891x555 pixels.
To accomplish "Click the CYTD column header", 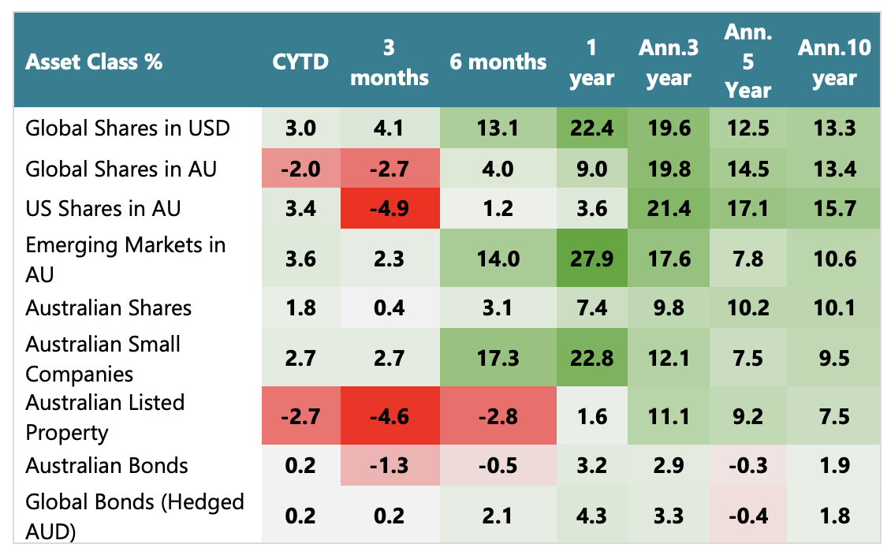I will [300, 61].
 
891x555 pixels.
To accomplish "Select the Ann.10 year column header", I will [834, 62].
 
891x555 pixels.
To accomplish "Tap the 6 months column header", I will [498, 61].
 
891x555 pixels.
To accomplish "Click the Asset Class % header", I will [94, 62].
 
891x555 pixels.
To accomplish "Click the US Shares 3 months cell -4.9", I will [389, 209].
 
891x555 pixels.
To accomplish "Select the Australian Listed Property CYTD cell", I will [300, 417].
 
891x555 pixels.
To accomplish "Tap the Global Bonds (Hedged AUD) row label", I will [135, 516].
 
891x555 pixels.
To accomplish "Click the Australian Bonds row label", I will [106, 465].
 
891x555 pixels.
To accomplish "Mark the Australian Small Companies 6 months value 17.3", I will [498, 359].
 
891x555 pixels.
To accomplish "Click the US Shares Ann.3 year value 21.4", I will [668, 209].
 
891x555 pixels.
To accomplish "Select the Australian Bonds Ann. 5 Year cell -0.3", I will [748, 465].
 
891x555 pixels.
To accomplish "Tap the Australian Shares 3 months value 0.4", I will [389, 308].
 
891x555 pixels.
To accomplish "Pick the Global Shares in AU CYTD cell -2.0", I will [300, 169].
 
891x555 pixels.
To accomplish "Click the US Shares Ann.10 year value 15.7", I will [834, 209].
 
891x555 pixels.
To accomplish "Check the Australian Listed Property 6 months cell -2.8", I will [498, 417].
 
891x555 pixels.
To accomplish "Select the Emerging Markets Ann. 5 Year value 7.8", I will [748, 259].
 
